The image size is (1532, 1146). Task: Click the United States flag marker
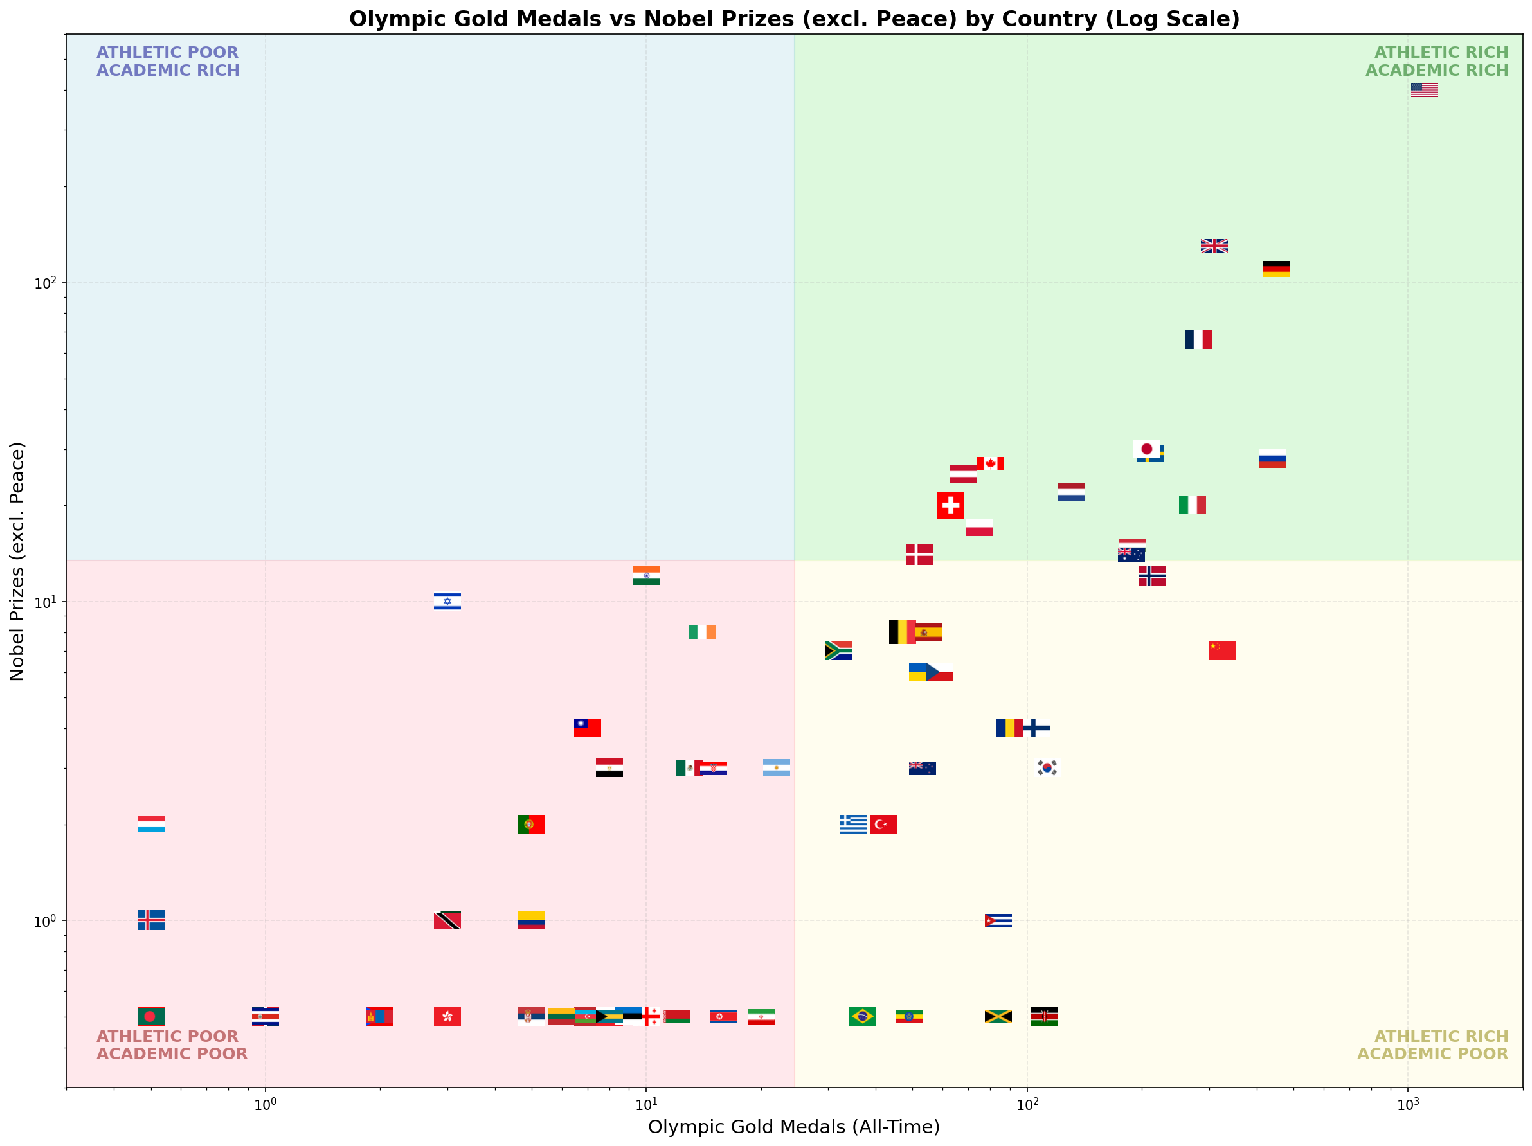(x=1424, y=90)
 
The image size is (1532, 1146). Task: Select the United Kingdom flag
(x=1214, y=246)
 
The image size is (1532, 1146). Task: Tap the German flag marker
(x=1275, y=269)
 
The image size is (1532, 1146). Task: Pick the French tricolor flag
(x=1198, y=339)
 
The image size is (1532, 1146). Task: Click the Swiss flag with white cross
(x=950, y=505)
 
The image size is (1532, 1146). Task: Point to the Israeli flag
(x=447, y=601)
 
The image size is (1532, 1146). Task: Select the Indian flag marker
(x=646, y=575)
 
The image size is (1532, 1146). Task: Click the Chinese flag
(x=1221, y=650)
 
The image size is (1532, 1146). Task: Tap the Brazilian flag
(x=862, y=1016)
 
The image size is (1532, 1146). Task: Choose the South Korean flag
(x=1047, y=767)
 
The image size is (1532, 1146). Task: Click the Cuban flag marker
(x=998, y=920)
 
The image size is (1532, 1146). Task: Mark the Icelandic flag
(x=151, y=920)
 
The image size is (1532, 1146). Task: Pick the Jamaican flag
(x=998, y=1016)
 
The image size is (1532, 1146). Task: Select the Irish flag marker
(x=701, y=632)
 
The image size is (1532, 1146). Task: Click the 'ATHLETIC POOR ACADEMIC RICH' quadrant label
(x=168, y=62)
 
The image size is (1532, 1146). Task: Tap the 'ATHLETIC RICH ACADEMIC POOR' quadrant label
(x=1432, y=1045)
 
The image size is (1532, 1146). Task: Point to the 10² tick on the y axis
(x=44, y=283)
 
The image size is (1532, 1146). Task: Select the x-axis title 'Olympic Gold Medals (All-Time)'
(x=794, y=1127)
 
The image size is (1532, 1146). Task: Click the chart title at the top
(x=794, y=19)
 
